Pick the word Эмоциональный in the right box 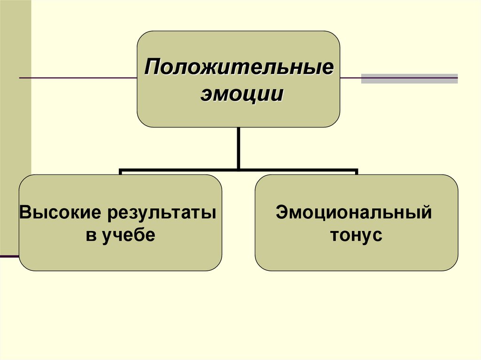[x=354, y=212]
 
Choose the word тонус [x=356, y=235]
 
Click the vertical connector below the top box [x=239, y=148]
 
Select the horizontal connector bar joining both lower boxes [x=239, y=170]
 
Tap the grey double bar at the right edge [x=409, y=78]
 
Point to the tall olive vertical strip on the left [x=15, y=127]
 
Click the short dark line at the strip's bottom [x=9, y=256]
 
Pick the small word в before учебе [x=91, y=235]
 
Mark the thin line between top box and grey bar [x=350, y=77]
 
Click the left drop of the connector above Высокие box [x=121, y=172]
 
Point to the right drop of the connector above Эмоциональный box [x=357, y=172]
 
